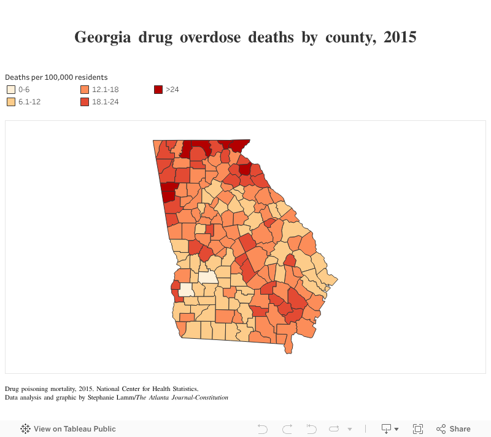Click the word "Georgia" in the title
102,37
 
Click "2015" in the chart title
400,37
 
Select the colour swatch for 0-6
11,90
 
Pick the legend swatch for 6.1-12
11,102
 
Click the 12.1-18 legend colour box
85,90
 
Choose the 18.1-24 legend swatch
85,102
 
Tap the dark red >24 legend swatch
158,90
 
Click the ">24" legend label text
172,90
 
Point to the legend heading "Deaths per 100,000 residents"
56,77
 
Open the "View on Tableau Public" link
74,429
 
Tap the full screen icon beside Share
418,429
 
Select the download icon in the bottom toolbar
387,429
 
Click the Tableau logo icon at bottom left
26,429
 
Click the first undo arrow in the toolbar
263,429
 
